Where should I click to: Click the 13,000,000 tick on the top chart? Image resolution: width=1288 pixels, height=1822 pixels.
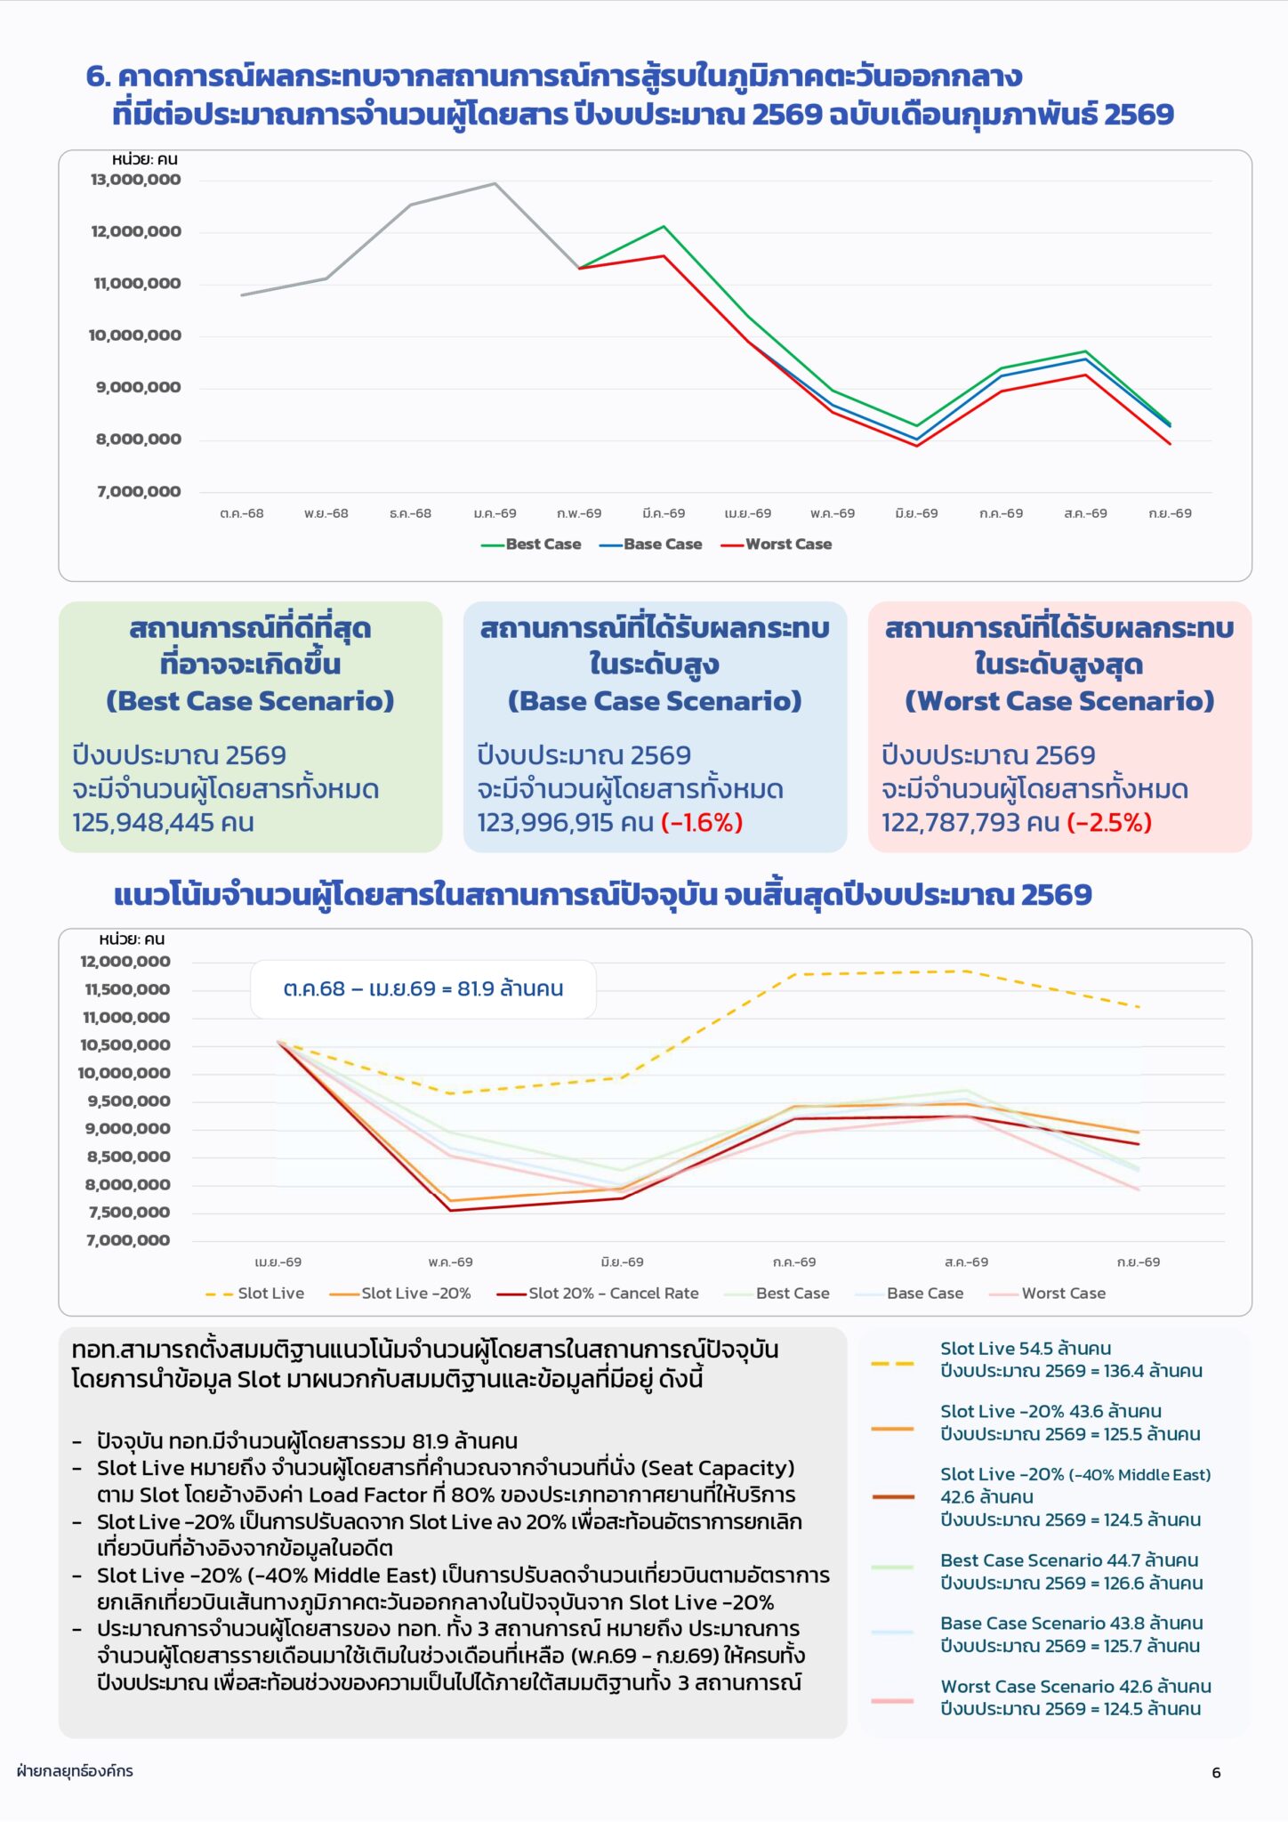135,180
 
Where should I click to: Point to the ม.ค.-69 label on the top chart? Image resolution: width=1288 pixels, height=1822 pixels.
495,513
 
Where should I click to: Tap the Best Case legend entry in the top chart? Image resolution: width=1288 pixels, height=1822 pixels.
531,544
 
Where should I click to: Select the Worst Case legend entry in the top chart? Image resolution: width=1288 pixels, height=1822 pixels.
777,544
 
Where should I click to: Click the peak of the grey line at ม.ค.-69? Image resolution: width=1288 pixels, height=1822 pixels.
495,183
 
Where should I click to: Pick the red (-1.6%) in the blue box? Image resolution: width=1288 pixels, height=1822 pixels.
702,822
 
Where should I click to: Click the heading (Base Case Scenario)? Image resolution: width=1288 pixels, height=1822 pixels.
655,701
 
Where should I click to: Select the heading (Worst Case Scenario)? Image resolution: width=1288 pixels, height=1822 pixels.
1059,701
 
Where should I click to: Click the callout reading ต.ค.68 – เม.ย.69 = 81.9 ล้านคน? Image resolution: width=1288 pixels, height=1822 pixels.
423,989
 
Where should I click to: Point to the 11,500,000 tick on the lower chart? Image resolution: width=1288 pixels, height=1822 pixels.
127,989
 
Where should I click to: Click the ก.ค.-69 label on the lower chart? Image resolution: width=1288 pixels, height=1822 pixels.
794,1262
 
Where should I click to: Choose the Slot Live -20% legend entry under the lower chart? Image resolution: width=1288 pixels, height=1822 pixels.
400,1294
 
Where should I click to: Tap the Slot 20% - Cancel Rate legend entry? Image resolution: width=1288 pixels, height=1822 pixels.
598,1294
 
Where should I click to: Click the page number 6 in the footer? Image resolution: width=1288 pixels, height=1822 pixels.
1216,1773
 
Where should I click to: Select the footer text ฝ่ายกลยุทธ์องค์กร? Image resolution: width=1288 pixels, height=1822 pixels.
75,1770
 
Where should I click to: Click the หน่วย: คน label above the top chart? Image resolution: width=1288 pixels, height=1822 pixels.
144,159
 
